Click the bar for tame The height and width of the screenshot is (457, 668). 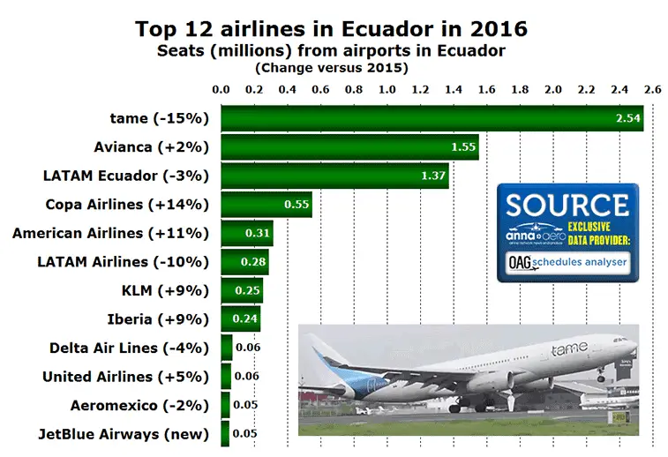tap(432, 118)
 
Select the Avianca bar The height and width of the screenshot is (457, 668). tap(349, 147)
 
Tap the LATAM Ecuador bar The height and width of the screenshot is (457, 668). tap(334, 176)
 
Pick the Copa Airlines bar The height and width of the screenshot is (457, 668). tap(266, 205)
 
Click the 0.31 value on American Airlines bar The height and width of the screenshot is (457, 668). tap(259, 234)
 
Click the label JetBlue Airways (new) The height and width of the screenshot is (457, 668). tap(124, 433)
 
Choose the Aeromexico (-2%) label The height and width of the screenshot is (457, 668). tap(139, 405)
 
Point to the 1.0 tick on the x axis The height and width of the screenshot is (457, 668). tap(387, 89)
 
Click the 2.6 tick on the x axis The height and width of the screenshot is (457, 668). tap(652, 89)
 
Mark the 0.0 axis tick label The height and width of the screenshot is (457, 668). tap(221, 89)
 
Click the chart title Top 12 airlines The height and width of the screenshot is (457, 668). tap(332, 28)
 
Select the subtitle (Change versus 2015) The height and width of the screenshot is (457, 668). tap(331, 67)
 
